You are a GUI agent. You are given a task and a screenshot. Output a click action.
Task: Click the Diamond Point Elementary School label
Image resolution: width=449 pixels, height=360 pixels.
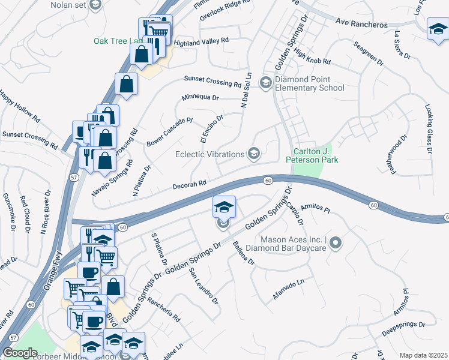tap(310, 83)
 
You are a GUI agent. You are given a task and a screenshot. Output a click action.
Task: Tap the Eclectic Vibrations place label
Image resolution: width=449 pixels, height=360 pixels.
tap(210, 154)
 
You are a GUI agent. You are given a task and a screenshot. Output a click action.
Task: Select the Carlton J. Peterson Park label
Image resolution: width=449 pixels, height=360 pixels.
tap(316, 155)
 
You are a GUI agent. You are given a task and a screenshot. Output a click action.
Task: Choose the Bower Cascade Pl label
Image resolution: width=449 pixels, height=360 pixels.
tap(169, 132)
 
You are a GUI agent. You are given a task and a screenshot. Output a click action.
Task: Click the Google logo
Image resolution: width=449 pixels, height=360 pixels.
tap(20, 353)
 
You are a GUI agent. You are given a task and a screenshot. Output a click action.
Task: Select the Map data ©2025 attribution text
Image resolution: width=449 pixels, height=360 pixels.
tap(423, 355)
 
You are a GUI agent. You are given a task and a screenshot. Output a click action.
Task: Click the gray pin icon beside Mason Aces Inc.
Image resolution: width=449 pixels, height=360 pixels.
tap(336, 244)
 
